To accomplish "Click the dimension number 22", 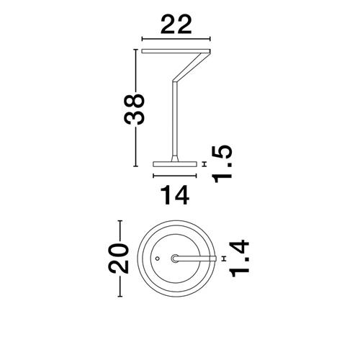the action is click(x=176, y=24).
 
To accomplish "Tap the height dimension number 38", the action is click(x=134, y=109).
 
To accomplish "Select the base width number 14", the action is click(x=175, y=195).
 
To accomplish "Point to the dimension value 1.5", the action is click(x=222, y=164).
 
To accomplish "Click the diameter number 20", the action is click(x=118, y=258).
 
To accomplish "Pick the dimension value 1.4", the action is click(x=240, y=258).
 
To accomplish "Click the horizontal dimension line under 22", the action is click(x=176, y=39).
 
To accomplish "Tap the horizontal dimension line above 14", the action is click(x=175, y=176).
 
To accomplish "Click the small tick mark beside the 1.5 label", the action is click(x=204, y=164).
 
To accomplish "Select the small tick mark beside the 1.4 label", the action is click(x=225, y=258).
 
